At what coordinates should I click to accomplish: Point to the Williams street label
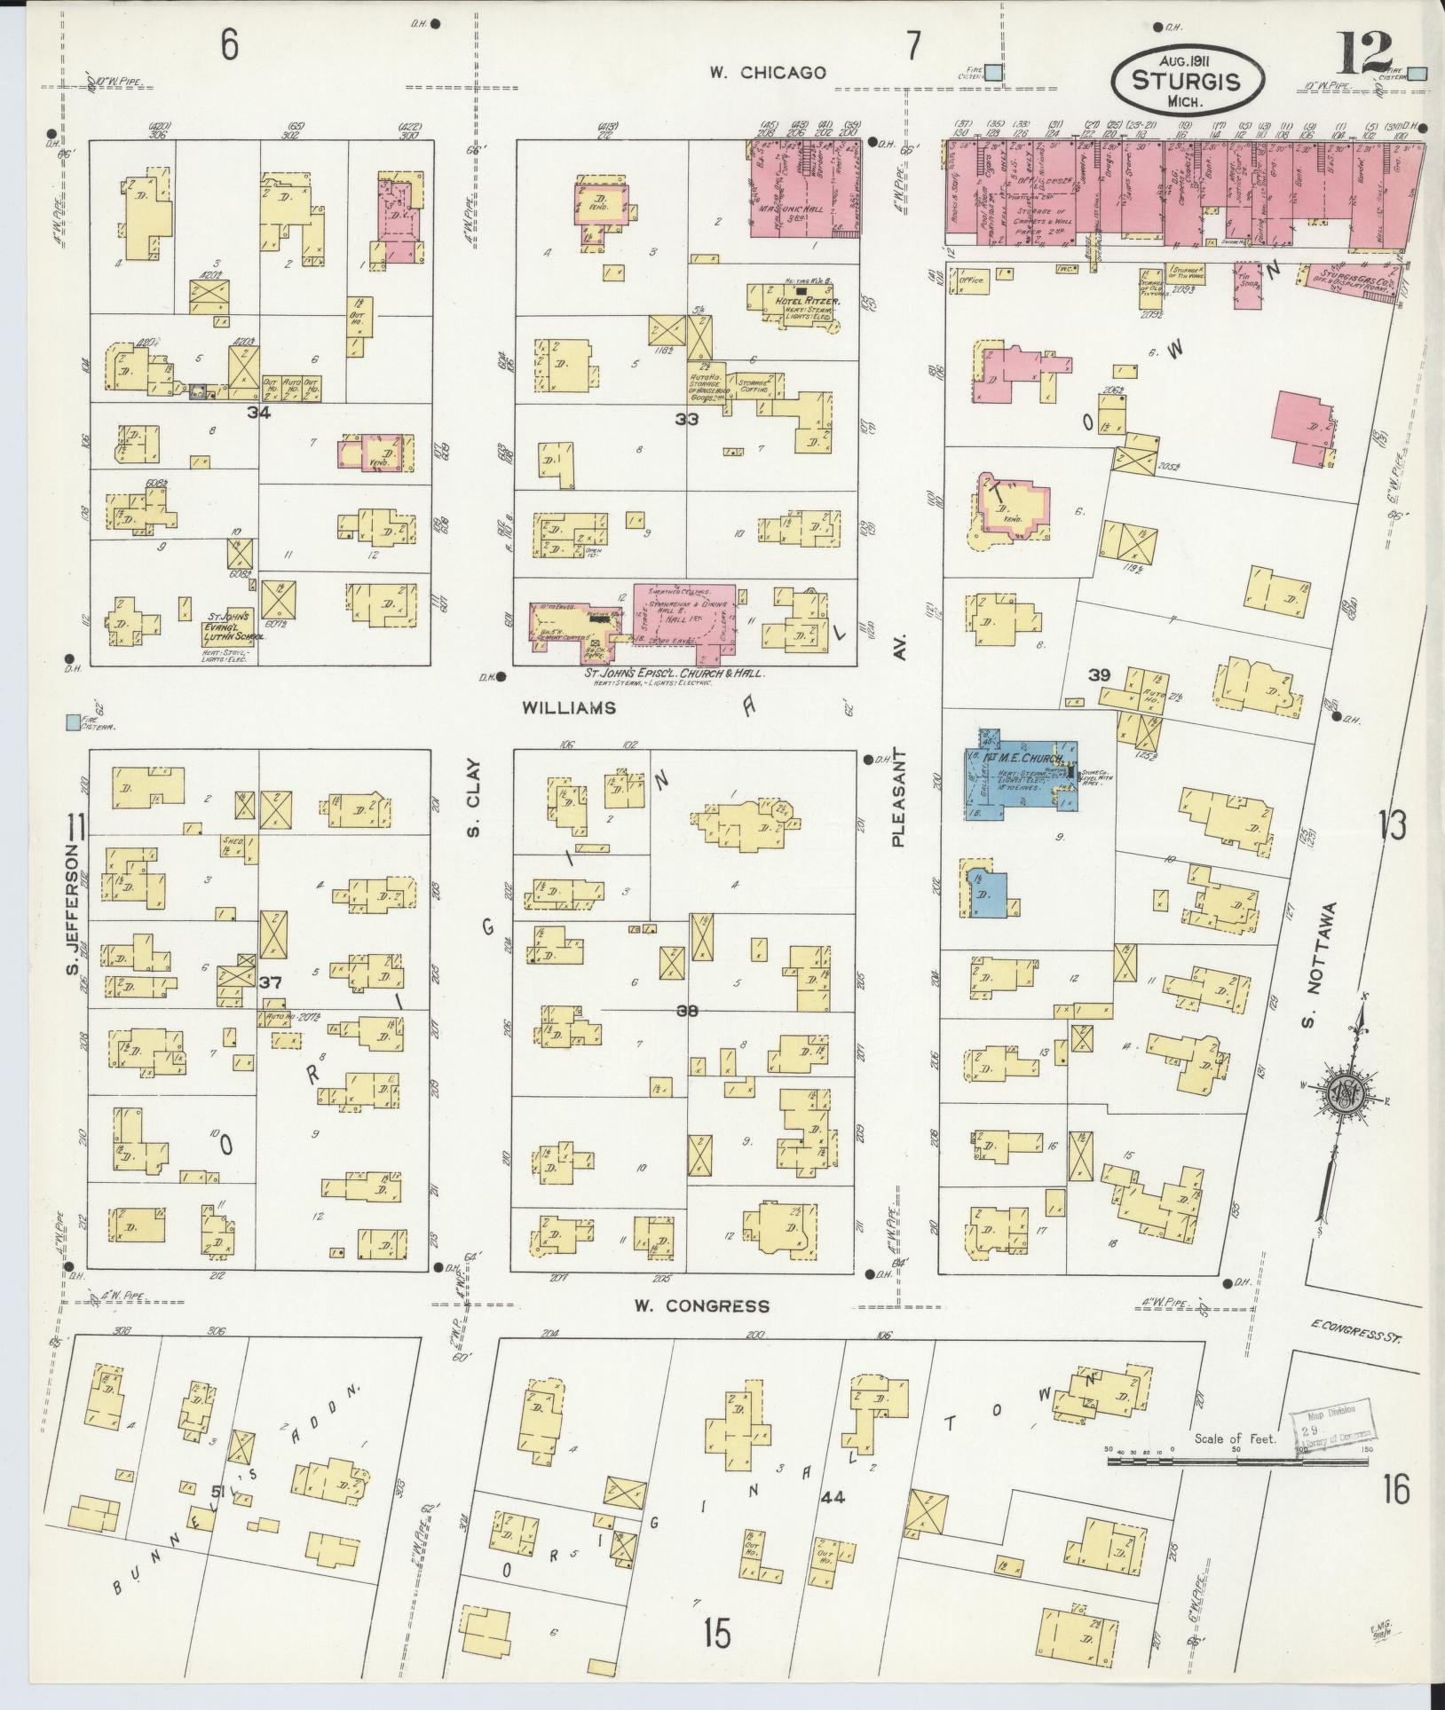pyautogui.click(x=568, y=707)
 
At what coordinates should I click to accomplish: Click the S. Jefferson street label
pyautogui.click(x=72, y=907)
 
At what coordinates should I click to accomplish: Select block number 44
pyautogui.click(x=833, y=1497)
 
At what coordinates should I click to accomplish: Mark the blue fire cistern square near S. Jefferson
pyautogui.click(x=72, y=722)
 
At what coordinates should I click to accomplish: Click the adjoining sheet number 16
pyautogui.click(x=1394, y=1488)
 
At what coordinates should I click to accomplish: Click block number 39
pyautogui.click(x=1099, y=675)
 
